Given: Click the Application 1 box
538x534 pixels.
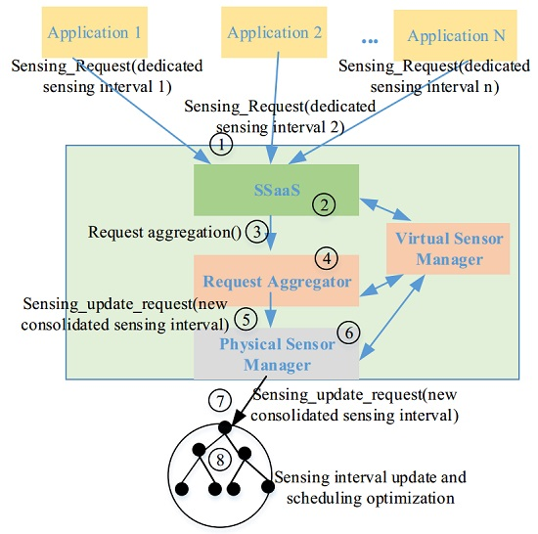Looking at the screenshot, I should [x=95, y=32].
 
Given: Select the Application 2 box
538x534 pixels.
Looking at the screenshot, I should [x=275, y=32].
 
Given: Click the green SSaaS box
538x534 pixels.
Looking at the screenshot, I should [x=276, y=188].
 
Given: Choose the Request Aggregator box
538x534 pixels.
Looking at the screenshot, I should [x=276, y=281].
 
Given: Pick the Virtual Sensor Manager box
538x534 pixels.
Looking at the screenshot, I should [x=449, y=249].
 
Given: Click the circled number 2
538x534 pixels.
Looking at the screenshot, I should [x=324, y=204].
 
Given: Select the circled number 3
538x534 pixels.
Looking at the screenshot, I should [x=255, y=233].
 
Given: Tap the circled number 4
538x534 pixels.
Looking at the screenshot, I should [x=326, y=259].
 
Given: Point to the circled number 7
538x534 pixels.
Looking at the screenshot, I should [x=220, y=402].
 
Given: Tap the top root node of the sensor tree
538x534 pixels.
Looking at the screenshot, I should [x=225, y=428].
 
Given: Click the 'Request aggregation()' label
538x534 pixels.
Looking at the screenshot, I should [x=164, y=233].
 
